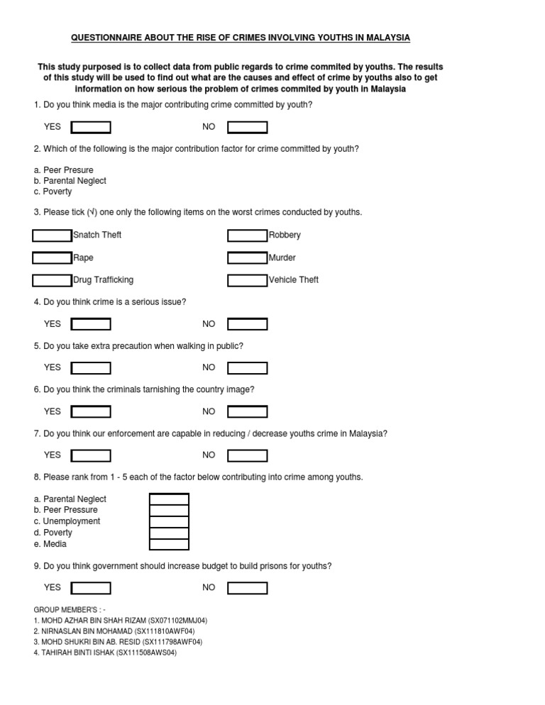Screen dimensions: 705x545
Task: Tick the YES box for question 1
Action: pos(91,128)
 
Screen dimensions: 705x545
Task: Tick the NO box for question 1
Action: pos(247,128)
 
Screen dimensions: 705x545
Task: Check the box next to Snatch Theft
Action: pos(53,235)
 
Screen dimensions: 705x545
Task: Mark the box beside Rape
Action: pos(53,257)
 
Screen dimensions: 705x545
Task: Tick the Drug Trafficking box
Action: pos(53,280)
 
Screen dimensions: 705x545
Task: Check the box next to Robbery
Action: pos(247,235)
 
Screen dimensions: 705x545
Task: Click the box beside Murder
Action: pos(247,257)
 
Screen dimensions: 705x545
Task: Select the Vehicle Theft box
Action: pos(247,280)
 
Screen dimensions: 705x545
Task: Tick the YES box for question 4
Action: pos(91,324)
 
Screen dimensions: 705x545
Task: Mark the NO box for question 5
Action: pos(247,368)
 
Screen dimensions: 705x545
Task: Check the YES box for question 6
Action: pos(91,411)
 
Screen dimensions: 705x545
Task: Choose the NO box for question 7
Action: pos(247,455)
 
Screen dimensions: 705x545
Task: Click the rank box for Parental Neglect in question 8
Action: pos(169,499)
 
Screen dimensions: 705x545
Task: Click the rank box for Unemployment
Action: pos(169,522)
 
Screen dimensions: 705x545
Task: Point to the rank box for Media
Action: pos(169,545)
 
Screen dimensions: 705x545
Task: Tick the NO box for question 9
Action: pos(247,588)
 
